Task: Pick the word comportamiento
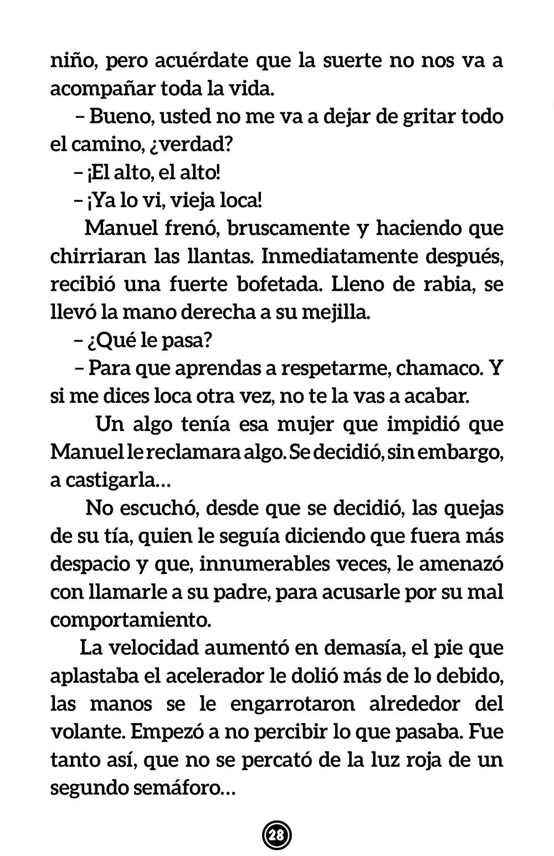point(131,619)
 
